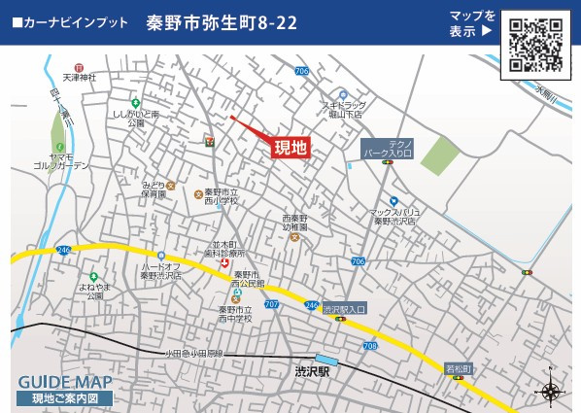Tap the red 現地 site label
click(x=290, y=148)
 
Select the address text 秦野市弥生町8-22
click(x=222, y=21)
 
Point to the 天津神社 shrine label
click(x=80, y=76)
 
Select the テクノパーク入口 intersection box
click(x=388, y=148)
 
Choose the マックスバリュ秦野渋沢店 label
click(x=394, y=216)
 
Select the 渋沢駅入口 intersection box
click(x=344, y=309)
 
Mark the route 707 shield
click(x=270, y=304)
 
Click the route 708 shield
click(x=369, y=345)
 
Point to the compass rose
click(x=550, y=391)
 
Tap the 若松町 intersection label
click(x=459, y=368)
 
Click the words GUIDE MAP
click(x=65, y=381)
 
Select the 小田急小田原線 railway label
click(x=193, y=353)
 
